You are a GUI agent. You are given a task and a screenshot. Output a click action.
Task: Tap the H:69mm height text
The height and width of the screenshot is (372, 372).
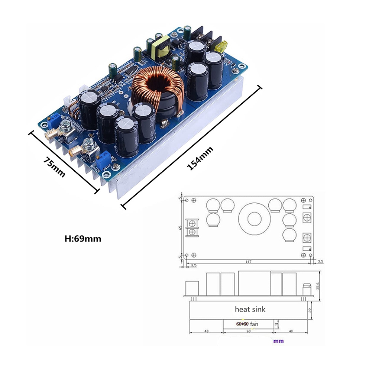[83, 238]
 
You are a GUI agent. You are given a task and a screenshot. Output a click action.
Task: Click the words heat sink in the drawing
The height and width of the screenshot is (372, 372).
[250, 309]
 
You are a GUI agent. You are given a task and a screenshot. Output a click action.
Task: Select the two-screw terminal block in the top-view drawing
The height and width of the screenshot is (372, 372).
[193, 227]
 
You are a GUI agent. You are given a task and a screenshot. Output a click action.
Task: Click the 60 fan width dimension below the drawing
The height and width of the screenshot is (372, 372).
[248, 331]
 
